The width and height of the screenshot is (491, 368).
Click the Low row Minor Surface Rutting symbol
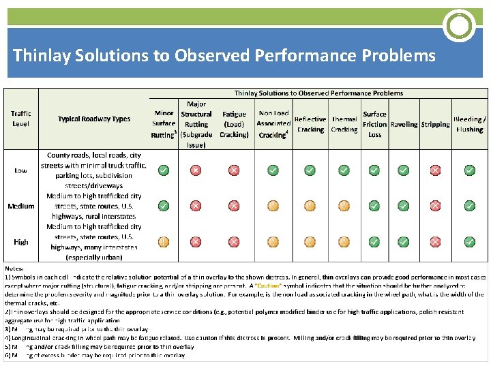[164, 170]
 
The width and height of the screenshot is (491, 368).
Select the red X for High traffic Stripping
[435, 241]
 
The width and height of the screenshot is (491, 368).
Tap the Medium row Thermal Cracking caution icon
[344, 205]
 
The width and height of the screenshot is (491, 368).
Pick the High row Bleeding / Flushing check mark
[470, 241]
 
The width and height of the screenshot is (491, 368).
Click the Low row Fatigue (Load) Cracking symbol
[234, 170]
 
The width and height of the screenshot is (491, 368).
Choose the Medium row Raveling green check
[403, 205]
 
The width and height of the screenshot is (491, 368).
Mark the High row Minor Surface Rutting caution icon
[164, 241]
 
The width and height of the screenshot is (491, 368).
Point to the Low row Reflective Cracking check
[310, 170]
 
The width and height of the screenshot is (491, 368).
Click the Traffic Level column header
[20, 119]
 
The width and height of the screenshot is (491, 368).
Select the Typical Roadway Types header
[94, 119]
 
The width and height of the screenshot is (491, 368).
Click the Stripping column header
[435, 124]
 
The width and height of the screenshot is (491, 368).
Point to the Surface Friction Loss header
[374, 124]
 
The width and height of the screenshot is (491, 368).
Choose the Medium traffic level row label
[20, 206]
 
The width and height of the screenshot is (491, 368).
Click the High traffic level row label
[20, 241]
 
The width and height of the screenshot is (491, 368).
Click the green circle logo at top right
[459, 26]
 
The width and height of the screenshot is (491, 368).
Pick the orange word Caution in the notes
[268, 286]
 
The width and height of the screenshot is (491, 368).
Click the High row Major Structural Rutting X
[196, 241]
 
